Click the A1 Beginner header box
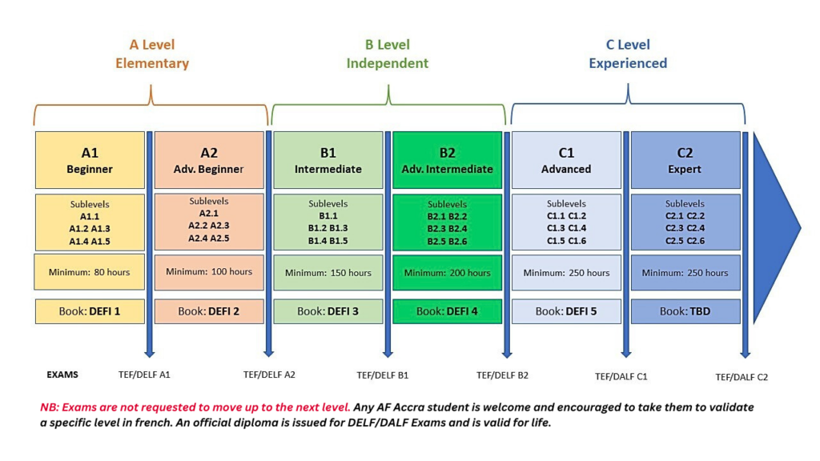click(90, 160)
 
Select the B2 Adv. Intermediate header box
click(447, 160)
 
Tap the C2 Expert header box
click(685, 160)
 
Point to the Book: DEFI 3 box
click(328, 311)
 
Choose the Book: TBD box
click(685, 311)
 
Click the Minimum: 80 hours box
click(90, 272)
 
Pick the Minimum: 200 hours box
click(447, 273)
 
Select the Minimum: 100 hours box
click(209, 272)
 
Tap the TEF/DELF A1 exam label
click(144, 375)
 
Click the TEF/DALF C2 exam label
click(742, 377)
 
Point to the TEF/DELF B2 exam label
click(502, 375)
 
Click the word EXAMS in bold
click(62, 375)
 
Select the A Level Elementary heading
click(152, 54)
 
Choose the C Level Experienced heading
click(628, 54)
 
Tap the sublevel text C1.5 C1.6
click(566, 241)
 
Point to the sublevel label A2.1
click(209, 213)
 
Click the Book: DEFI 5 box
click(566, 311)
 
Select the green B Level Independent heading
click(388, 54)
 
